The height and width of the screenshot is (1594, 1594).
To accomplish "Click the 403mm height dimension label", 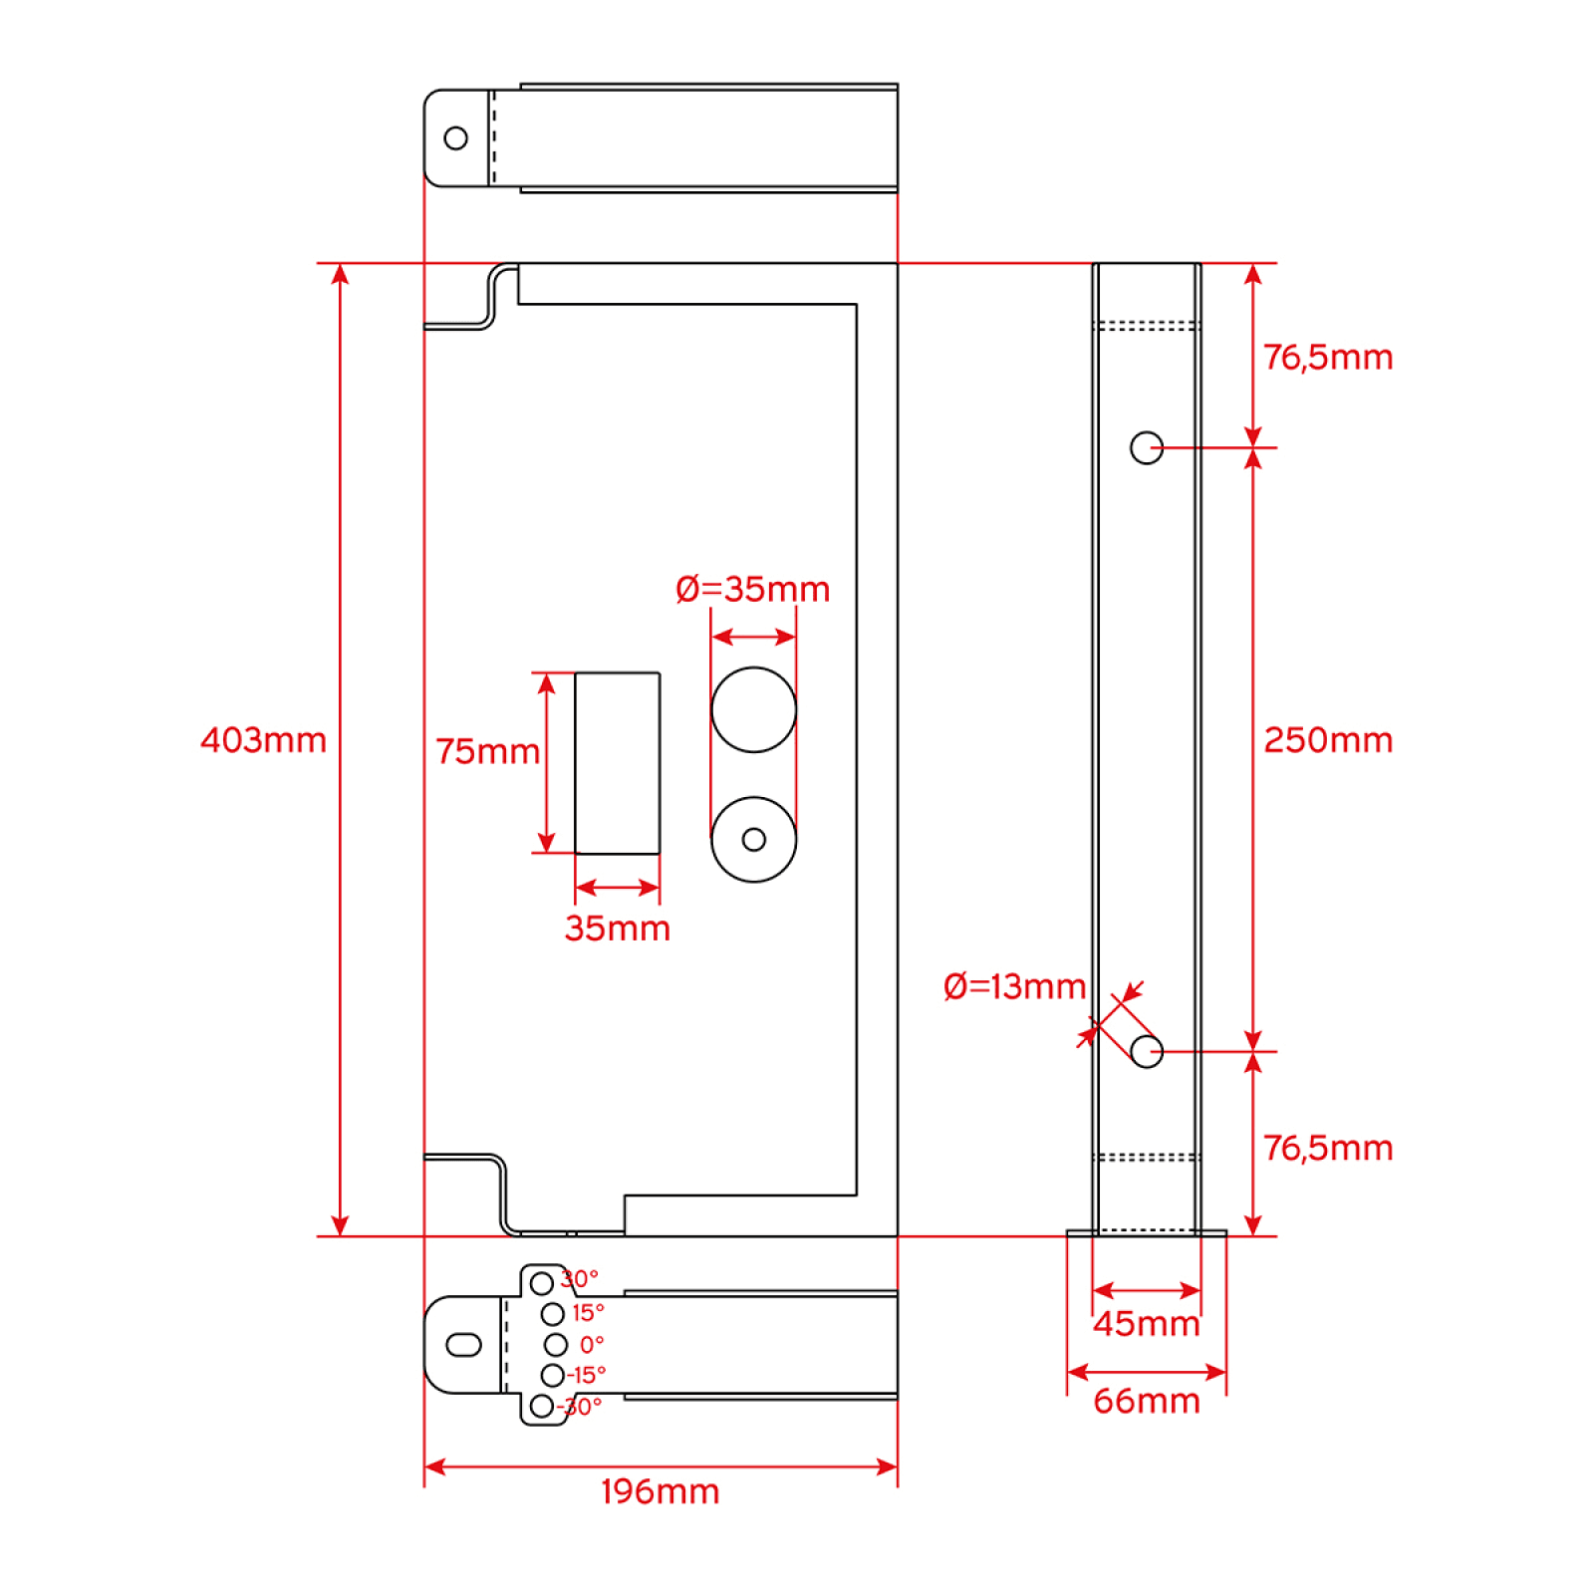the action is tap(263, 740).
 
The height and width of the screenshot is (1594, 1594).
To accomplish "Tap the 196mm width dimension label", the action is tap(660, 1491).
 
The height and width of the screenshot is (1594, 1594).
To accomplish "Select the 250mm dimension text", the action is tap(1328, 740).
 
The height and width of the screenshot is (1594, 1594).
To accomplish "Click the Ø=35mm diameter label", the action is tap(752, 589).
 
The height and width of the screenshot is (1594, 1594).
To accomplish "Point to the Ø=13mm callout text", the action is tap(1014, 986).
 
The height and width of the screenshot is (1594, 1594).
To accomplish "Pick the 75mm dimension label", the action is tap(488, 751).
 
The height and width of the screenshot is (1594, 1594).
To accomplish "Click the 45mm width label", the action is tap(1147, 1323).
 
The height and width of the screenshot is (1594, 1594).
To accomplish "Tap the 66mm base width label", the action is tap(1147, 1401).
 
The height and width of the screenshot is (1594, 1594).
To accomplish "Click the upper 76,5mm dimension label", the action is tap(1328, 357).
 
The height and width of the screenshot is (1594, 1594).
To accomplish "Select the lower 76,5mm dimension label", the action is tap(1328, 1148).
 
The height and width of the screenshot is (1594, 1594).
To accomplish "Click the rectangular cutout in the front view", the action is tap(618, 763).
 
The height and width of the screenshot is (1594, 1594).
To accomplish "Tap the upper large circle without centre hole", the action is tap(754, 709).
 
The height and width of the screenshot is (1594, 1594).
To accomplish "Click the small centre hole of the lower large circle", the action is tap(754, 840).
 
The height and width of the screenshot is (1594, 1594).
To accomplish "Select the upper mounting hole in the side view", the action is tap(1147, 448).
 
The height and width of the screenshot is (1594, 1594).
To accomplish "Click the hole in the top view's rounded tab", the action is tap(455, 137).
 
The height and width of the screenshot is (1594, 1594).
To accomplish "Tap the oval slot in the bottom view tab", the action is tap(464, 1345).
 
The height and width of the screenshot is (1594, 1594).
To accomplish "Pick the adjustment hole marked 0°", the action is tap(556, 1345).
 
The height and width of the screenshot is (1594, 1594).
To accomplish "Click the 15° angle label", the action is tap(588, 1313).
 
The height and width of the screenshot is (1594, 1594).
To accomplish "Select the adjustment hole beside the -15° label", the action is tap(553, 1376).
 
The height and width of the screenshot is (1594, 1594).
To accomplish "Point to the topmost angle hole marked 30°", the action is tap(542, 1283).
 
